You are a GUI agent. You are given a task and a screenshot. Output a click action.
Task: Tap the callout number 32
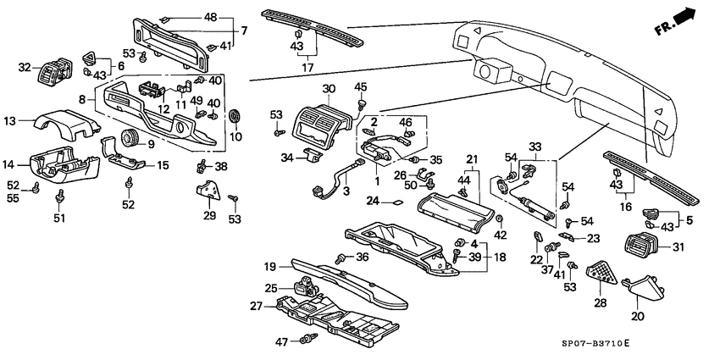coord(25,67)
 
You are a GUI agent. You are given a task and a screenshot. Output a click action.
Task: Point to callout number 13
coord(10,120)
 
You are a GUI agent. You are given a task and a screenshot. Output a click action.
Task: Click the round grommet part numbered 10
coord(235,116)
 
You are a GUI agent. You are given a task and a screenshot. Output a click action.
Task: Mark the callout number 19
coord(269,265)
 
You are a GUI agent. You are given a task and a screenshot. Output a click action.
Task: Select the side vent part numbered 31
coord(637,247)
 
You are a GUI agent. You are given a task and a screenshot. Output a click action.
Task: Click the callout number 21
coord(473,158)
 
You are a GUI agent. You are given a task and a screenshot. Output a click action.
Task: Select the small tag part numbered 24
coord(396,202)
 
